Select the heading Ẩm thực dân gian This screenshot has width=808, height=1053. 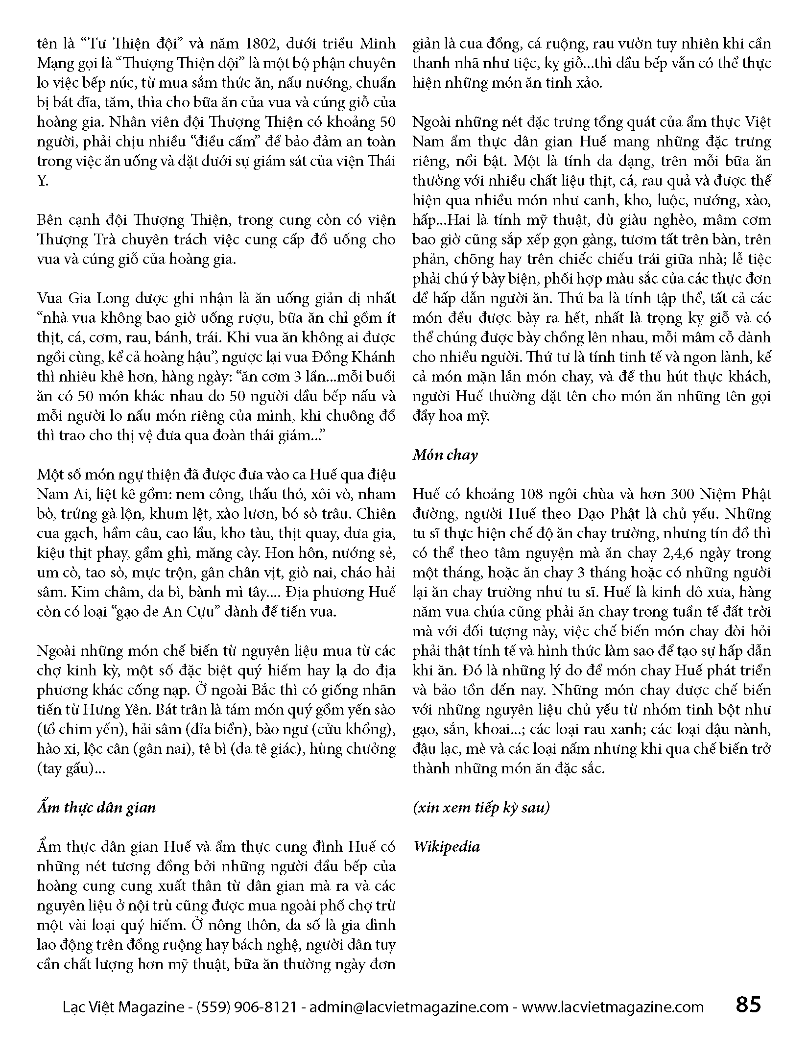[x=96, y=808]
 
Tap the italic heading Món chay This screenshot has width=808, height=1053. [x=445, y=455]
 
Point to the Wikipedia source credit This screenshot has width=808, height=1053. [x=446, y=847]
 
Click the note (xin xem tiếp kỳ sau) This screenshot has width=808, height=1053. [x=481, y=808]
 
